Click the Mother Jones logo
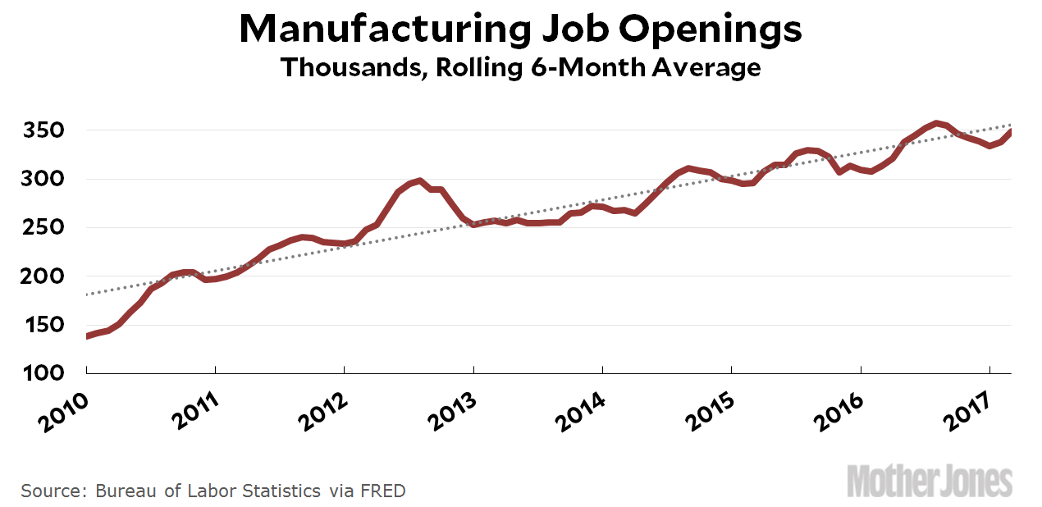coord(930,480)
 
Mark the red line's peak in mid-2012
coord(419,180)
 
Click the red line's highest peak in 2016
coord(936,124)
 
